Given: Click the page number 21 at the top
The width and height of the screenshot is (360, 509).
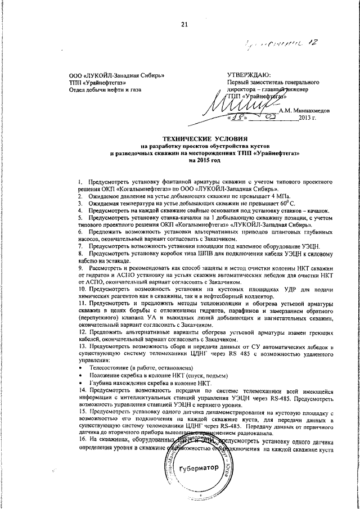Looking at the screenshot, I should [184, 24].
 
